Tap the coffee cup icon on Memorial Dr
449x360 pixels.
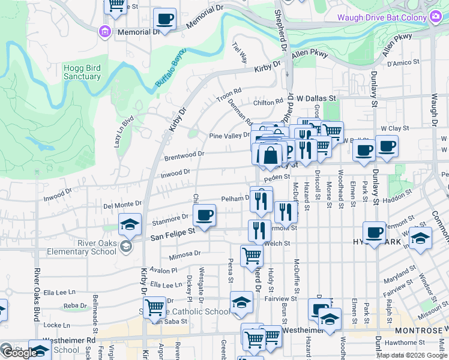tap(164, 20)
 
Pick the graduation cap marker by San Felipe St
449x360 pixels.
tap(130, 225)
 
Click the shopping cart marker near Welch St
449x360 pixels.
tap(252, 256)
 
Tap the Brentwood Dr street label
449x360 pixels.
tap(184, 155)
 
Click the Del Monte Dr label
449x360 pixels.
tap(122, 204)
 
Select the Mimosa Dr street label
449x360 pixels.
tap(184, 255)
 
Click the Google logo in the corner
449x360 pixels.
tap(20, 353)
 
